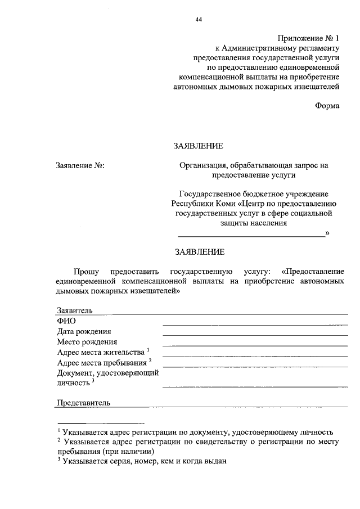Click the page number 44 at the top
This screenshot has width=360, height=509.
coord(199,20)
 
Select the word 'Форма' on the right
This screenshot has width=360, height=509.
coord(327,106)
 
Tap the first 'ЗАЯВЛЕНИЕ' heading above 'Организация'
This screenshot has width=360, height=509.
coord(197,146)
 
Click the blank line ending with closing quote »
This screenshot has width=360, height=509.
coord(251,235)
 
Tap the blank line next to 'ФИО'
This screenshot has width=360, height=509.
coord(255,325)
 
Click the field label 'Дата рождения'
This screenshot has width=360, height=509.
coord(84,331)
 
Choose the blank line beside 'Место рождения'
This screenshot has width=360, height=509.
coord(255,345)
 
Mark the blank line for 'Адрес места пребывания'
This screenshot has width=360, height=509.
coord(255,366)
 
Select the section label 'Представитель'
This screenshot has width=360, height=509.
coord(83,403)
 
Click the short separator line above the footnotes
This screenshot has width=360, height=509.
coord(101,422)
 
